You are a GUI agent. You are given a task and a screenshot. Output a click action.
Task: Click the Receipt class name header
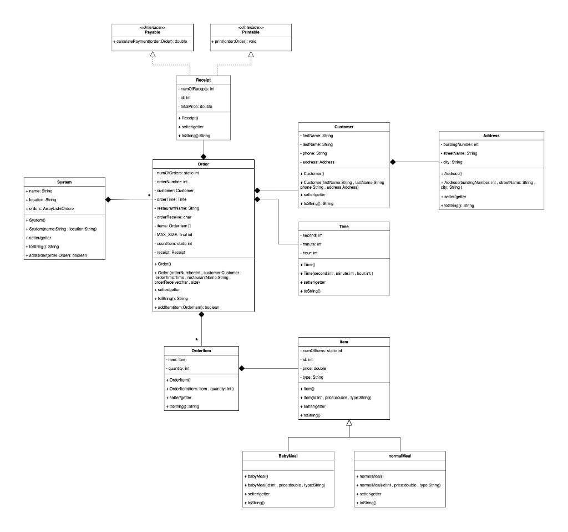(x=203, y=80)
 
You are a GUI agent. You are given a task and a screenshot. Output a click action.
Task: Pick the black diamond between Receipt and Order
(x=203, y=156)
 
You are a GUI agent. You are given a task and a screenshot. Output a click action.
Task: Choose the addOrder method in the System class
(x=56, y=255)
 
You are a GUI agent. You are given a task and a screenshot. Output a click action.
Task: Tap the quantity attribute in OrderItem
(x=179, y=368)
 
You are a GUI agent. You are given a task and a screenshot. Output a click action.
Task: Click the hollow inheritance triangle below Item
(x=348, y=423)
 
